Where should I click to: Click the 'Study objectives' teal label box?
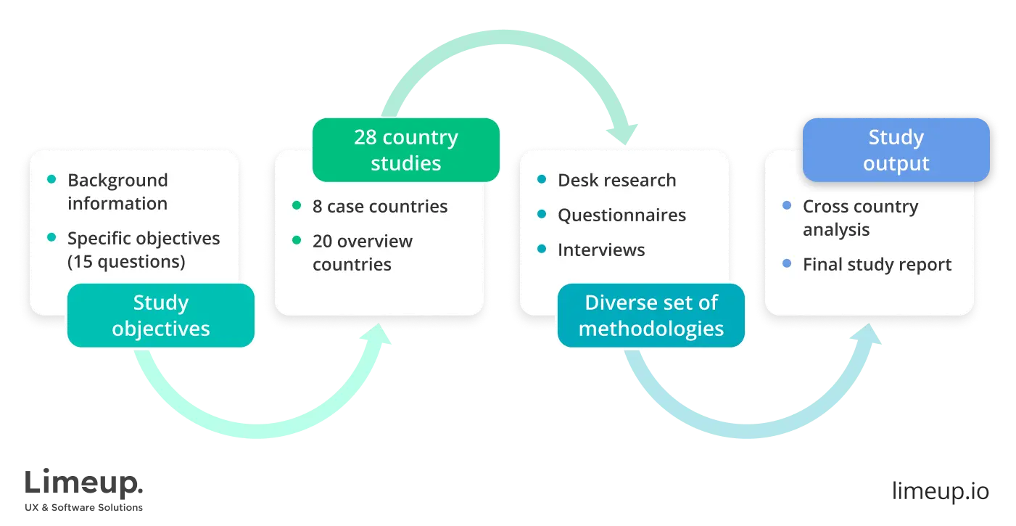[x=160, y=316]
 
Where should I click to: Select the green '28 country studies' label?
[x=405, y=150]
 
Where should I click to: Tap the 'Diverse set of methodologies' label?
[x=651, y=316]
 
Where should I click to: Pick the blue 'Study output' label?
[x=896, y=150]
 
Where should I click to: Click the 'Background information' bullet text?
[x=117, y=192]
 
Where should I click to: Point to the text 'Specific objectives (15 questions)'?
[x=143, y=250]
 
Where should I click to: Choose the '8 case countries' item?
[x=380, y=206]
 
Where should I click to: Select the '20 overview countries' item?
[x=362, y=252]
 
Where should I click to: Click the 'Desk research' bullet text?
[x=616, y=180]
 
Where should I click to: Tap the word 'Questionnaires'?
[x=621, y=215]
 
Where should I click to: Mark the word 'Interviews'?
[x=600, y=250]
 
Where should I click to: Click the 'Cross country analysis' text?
[x=860, y=218]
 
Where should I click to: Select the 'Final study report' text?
[x=877, y=265]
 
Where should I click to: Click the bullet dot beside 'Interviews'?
[x=542, y=250]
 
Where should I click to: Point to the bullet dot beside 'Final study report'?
[x=787, y=265]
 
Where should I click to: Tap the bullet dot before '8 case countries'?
[x=297, y=206]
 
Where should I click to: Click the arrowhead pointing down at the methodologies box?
[x=624, y=134]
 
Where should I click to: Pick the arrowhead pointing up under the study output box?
[x=871, y=336]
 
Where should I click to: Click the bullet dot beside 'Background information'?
[x=51, y=180]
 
